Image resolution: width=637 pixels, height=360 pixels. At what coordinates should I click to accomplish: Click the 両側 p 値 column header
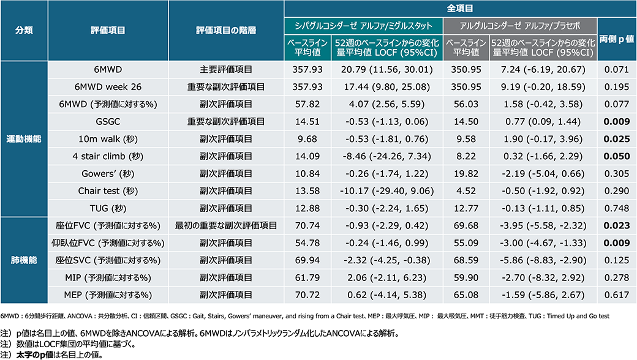[x=616, y=39]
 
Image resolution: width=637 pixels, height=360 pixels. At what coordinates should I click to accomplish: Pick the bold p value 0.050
[x=616, y=156]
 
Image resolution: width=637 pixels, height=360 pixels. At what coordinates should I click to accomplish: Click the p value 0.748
[x=616, y=208]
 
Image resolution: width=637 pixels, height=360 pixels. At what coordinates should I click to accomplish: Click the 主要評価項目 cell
[x=226, y=70]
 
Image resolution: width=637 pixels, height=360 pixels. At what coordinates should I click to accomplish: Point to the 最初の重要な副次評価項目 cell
[x=226, y=225]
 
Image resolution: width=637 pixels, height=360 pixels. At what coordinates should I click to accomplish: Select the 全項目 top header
[x=460, y=9]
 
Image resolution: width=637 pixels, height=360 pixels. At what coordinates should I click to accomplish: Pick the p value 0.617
[x=616, y=294]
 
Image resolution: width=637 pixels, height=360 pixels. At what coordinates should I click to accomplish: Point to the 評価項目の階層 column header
[x=226, y=31]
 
